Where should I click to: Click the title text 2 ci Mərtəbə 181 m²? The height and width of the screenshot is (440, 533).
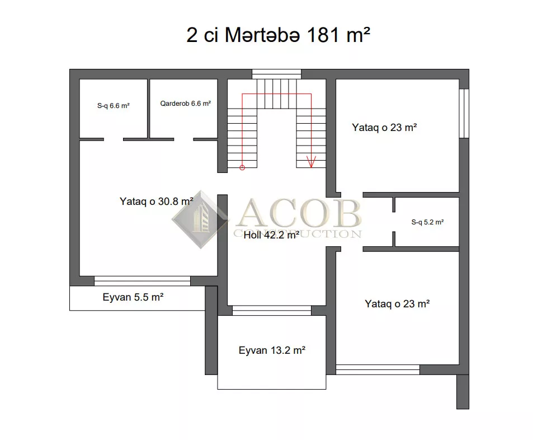pos(278,35)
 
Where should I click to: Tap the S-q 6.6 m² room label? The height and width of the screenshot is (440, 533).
pos(113,106)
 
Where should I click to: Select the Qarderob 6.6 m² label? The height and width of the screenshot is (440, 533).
pos(185,104)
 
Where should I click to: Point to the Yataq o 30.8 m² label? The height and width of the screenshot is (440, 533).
pos(157,202)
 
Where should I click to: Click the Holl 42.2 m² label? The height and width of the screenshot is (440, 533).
pos(271,235)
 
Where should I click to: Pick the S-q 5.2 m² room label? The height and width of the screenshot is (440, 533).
pos(427,222)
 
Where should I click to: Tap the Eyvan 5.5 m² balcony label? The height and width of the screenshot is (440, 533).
pos(133,297)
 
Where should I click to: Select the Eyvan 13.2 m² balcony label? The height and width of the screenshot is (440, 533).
pos(272,350)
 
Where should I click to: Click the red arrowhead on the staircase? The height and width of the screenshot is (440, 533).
pos(311,162)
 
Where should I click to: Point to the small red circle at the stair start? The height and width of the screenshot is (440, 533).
pos(242,167)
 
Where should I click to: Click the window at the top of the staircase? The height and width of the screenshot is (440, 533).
pos(276,74)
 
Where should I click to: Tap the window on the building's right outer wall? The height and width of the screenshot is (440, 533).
pos(464,113)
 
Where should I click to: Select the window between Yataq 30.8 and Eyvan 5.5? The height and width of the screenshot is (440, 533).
pos(142,281)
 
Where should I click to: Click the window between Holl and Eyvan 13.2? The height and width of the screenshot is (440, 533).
pos(272,310)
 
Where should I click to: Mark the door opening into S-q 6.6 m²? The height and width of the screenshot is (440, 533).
pos(113,139)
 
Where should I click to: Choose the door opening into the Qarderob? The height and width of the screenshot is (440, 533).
pos(183,139)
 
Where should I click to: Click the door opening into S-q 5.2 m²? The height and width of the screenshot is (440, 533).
pos(394,222)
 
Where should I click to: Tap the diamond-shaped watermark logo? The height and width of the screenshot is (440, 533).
pos(201,219)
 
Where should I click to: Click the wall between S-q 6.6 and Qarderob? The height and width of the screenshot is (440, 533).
pos(149,109)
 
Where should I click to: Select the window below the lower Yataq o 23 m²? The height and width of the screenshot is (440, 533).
pos(378,369)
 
